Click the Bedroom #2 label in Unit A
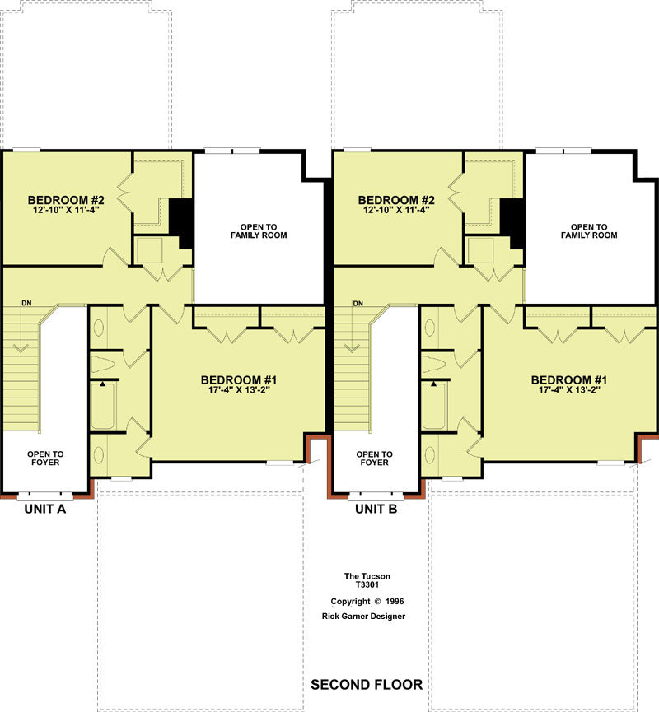tap(66, 200)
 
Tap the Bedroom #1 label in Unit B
tap(569, 380)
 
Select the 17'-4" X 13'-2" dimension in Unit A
tap(239, 390)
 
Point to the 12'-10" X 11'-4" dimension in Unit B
tap(396, 210)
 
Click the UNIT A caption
tap(45, 509)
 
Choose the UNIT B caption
tap(376, 509)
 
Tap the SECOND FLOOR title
tap(367, 684)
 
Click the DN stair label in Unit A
tap(27, 303)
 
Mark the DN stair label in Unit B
tap(358, 303)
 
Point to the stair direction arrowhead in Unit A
tap(20, 349)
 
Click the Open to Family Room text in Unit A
tap(259, 231)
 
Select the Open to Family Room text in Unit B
tap(589, 231)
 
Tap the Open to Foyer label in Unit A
tap(45, 458)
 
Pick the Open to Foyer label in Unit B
tap(375, 458)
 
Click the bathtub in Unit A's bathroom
tap(103, 406)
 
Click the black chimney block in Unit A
tap(182, 223)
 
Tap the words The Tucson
tap(367, 576)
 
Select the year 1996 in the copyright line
tap(395, 601)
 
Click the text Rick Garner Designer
tap(363, 617)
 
